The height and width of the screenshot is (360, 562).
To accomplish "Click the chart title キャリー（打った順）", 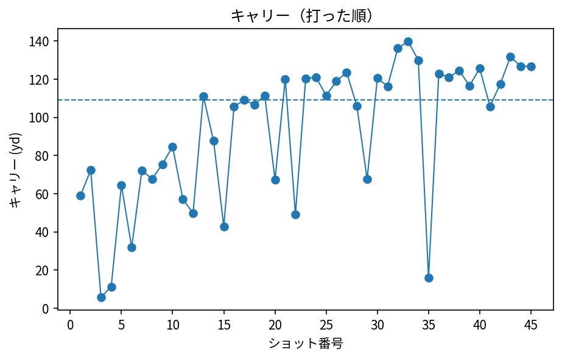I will click(x=301, y=16).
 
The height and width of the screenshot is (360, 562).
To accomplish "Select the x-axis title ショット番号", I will click(x=306, y=344).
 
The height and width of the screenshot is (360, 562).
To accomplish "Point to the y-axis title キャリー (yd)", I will click(x=15, y=169).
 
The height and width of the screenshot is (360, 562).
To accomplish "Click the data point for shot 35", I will click(x=429, y=278).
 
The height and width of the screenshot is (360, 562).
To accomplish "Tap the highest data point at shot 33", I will click(x=408, y=42).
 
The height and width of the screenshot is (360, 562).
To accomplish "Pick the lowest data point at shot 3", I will click(x=101, y=297).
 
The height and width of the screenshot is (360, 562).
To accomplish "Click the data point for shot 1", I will click(x=80, y=196).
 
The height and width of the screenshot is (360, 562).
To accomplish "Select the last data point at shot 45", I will click(x=531, y=66).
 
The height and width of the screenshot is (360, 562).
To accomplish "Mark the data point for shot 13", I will click(x=203, y=96).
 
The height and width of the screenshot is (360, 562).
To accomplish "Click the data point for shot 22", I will click(x=295, y=214).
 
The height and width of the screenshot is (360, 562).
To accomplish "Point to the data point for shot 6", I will click(x=132, y=247).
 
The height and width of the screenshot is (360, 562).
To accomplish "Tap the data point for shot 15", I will click(x=224, y=227).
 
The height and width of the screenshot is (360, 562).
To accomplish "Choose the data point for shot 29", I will click(x=367, y=179).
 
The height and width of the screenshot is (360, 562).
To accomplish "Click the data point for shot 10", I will click(x=172, y=147).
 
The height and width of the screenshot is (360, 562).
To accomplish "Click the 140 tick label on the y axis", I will click(x=42, y=41).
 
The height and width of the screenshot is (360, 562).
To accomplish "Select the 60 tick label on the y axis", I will click(x=44, y=194).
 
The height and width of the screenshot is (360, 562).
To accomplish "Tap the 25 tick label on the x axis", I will click(x=326, y=323).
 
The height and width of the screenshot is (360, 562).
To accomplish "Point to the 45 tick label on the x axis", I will click(x=531, y=323).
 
